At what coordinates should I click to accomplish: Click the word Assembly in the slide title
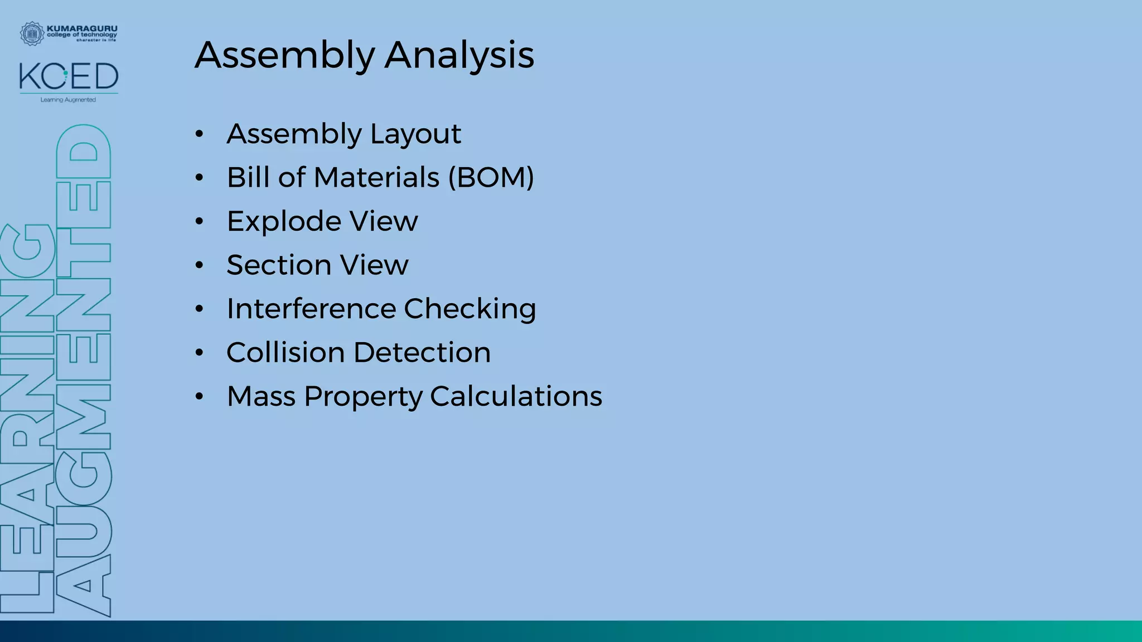pos(285,55)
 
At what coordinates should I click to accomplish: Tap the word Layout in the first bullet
pos(415,134)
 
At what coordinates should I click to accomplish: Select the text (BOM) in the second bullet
pos(491,178)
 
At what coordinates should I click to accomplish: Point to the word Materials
pos(376,178)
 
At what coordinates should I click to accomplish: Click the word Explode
pos(284,222)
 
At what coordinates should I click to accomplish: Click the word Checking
pos(470,309)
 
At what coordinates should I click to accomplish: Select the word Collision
pos(285,353)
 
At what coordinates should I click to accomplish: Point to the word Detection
pos(422,353)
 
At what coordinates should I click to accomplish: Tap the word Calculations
pos(516,396)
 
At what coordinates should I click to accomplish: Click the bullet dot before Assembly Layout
pos(199,134)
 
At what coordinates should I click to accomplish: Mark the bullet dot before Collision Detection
pos(199,353)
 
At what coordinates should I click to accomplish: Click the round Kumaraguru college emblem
pos(32,33)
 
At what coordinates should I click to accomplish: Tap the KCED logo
pos(69,77)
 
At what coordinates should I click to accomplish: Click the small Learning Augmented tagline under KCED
pos(68,100)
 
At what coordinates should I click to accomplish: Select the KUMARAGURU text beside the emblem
pos(82,28)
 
